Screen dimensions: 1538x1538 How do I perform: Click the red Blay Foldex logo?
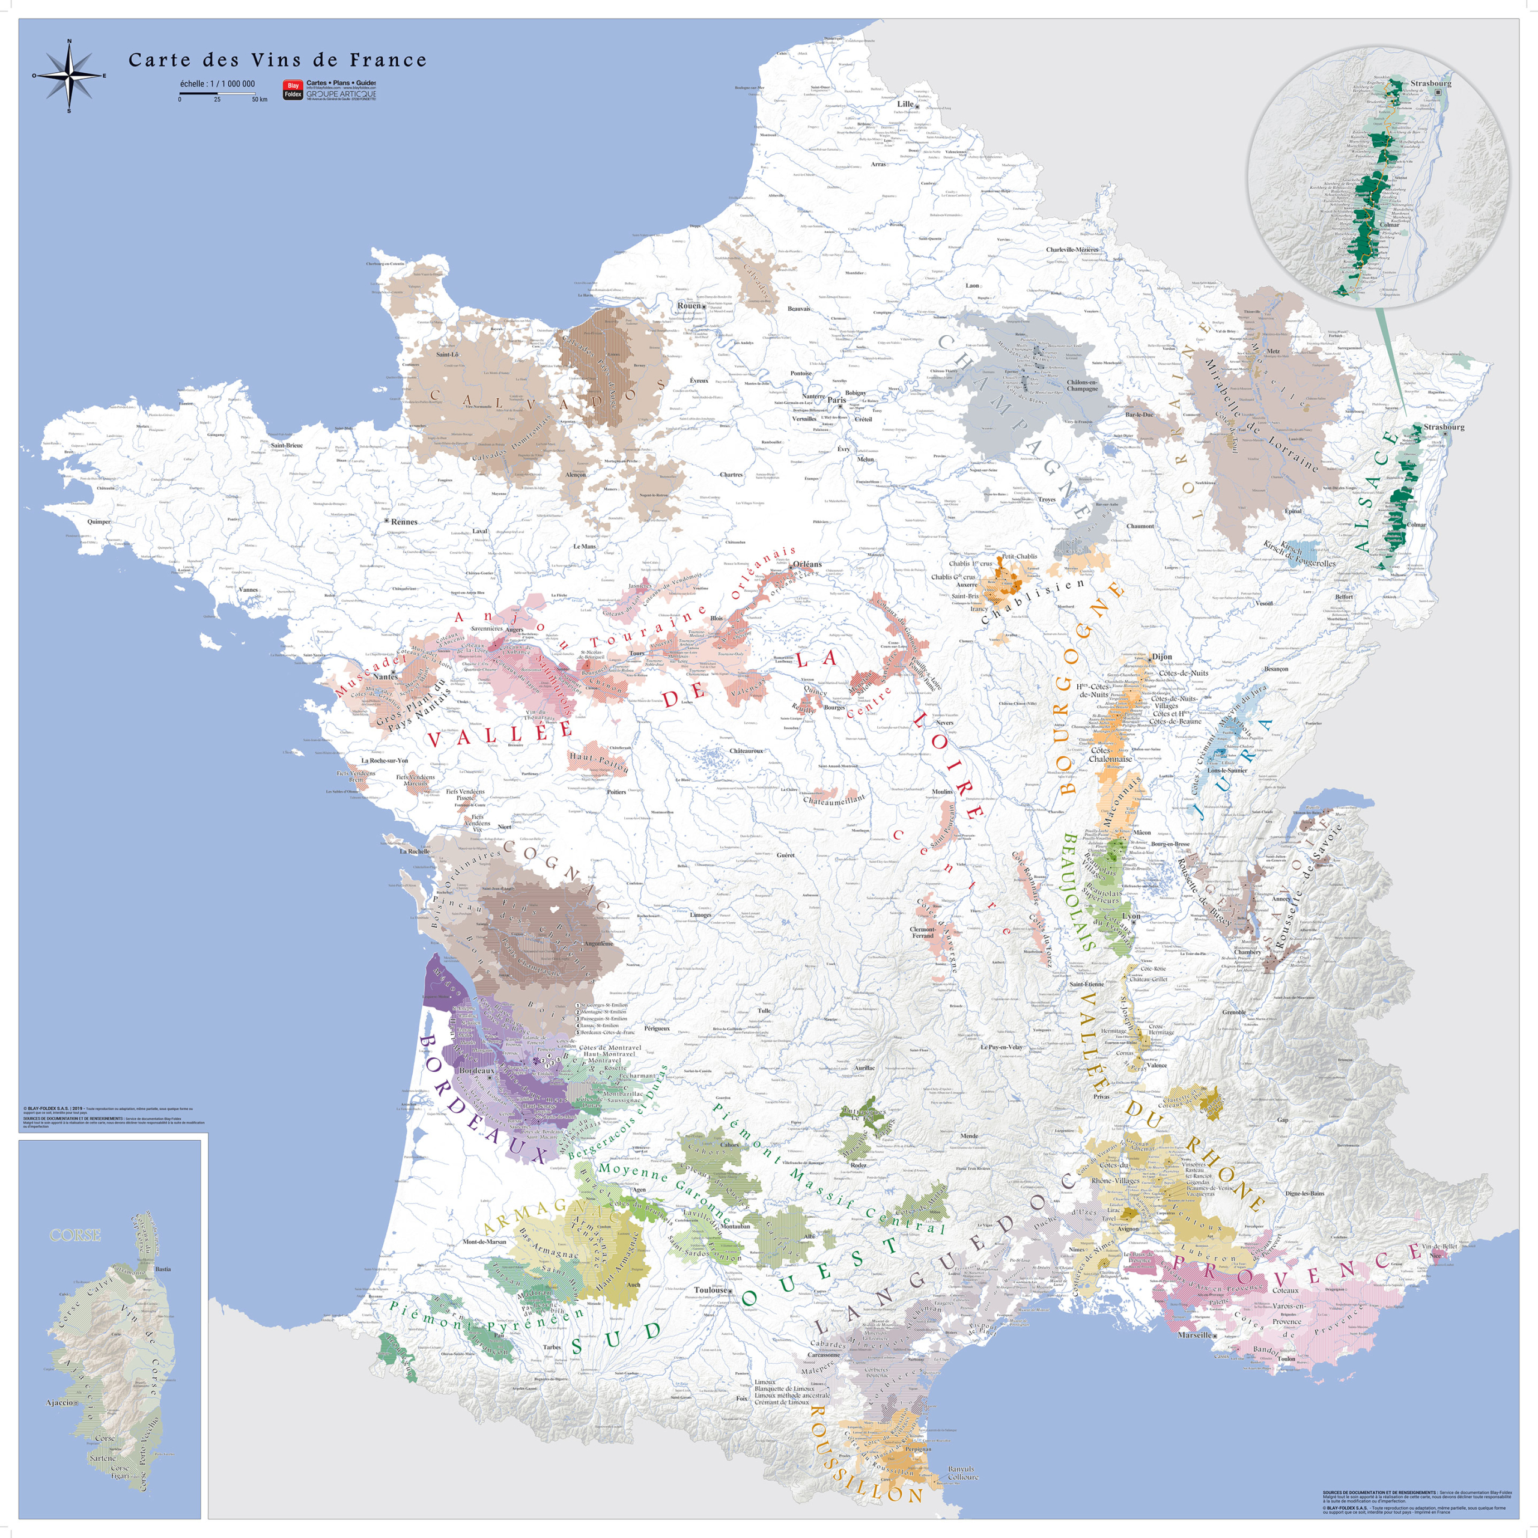click(x=293, y=89)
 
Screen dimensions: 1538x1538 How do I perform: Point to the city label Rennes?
click(x=404, y=521)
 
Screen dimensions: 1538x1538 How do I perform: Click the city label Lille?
click(x=905, y=103)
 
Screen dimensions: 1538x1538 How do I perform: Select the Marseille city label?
click(x=1194, y=1335)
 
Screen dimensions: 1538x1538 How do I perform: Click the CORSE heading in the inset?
click(x=75, y=1235)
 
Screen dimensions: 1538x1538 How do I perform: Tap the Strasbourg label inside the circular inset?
click(x=1430, y=83)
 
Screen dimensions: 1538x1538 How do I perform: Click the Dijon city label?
click(x=1161, y=657)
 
